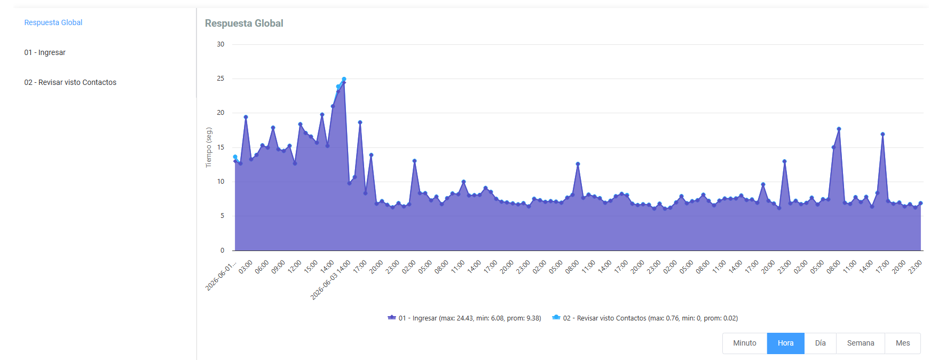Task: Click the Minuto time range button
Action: [745, 343]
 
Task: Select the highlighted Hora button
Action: [785, 343]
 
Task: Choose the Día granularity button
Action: [820, 343]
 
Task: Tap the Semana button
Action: [861, 343]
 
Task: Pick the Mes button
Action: [903, 343]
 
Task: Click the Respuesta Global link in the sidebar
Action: [53, 22]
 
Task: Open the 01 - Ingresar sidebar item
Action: [45, 52]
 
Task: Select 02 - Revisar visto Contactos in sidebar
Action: [70, 82]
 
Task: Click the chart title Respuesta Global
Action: [244, 24]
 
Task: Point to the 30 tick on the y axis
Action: [220, 44]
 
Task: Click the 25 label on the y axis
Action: [220, 79]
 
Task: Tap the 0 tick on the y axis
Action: [223, 251]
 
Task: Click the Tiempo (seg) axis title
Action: [209, 147]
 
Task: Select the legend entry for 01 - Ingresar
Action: [464, 318]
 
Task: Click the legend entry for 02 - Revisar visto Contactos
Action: [645, 318]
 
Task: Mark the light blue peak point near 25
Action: [344, 80]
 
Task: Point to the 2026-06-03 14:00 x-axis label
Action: [331, 280]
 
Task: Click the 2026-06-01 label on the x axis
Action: [220, 276]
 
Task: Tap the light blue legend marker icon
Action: [556, 317]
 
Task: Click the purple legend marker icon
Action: [392, 317]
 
